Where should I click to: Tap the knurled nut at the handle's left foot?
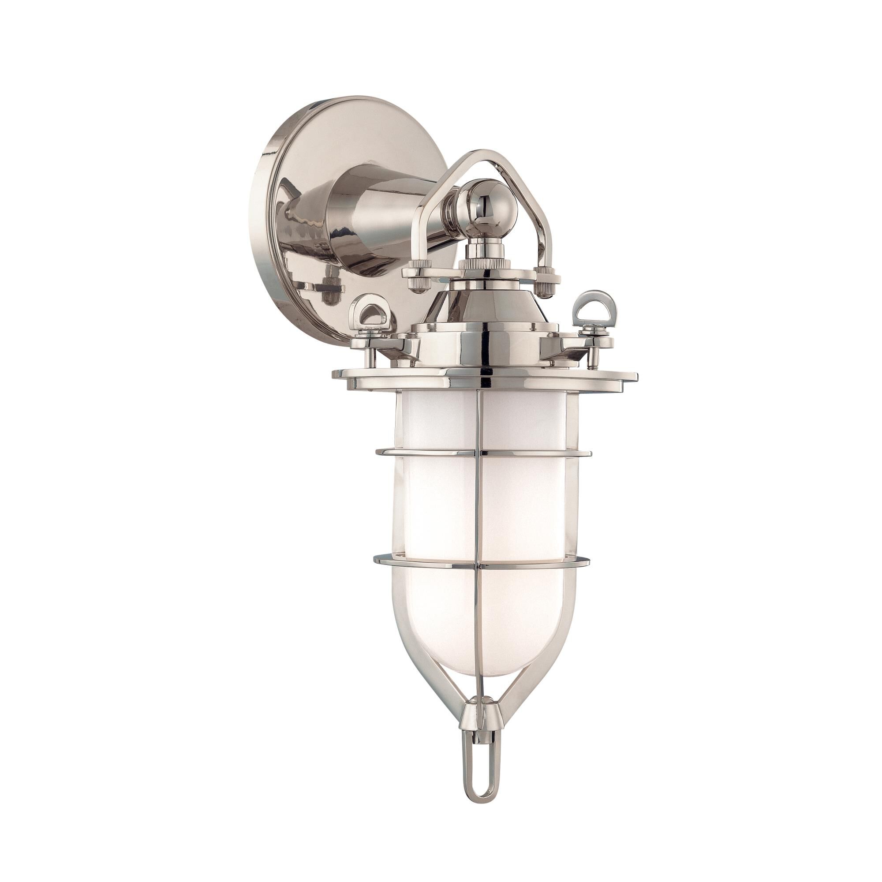(x=418, y=278)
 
